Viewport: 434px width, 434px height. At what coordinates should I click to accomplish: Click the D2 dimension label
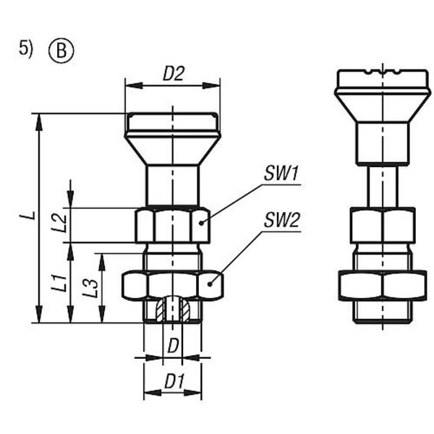point(174,74)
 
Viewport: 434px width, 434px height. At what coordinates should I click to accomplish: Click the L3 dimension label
point(90,288)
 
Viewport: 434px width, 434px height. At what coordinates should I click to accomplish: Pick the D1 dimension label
point(173,380)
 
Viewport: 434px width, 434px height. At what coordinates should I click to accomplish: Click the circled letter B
point(61,51)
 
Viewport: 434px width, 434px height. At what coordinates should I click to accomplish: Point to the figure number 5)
point(26,49)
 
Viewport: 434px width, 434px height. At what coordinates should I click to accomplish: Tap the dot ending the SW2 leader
point(212,284)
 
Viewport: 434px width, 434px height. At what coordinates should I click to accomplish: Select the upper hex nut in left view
point(172,225)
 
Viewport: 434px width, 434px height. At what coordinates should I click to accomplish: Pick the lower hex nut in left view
point(172,285)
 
